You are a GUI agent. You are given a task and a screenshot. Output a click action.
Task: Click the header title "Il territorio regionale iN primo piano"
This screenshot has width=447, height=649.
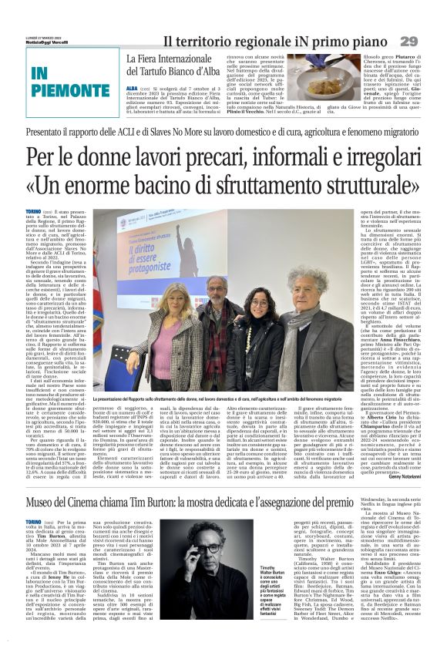click(277, 40)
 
